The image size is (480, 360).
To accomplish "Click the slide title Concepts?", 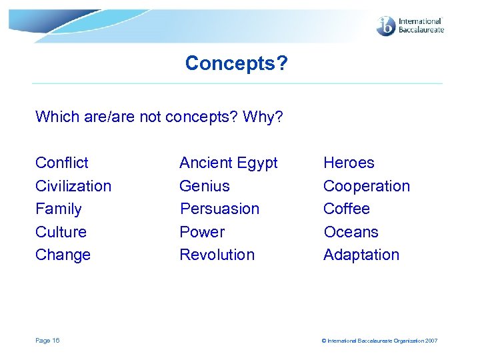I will tap(237, 63).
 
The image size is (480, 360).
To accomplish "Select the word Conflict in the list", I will tap(62, 163).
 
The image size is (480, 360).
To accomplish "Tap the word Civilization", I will tap(73, 186).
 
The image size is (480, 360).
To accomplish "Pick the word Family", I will tap(59, 209).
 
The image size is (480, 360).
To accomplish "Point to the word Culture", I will tap(61, 232).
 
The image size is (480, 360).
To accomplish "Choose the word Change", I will tap(63, 255).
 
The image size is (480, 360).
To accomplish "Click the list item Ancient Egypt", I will tap(229, 163).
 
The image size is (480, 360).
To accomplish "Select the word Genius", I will tap(205, 186).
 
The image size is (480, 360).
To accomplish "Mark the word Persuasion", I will tap(219, 209).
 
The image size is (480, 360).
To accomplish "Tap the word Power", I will tap(202, 232).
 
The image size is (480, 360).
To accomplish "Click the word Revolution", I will tap(217, 255).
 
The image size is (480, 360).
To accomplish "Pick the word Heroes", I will tap(349, 163).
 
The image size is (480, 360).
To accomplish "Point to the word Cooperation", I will tap(367, 186).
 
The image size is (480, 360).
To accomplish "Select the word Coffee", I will tap(347, 209).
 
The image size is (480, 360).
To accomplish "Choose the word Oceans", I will tap(351, 232).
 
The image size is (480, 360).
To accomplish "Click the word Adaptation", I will tap(361, 255).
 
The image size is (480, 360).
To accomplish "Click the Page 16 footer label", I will tap(47, 341).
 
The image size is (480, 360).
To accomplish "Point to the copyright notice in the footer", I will tap(379, 341).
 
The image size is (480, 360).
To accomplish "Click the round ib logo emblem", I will tap(386, 27).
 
